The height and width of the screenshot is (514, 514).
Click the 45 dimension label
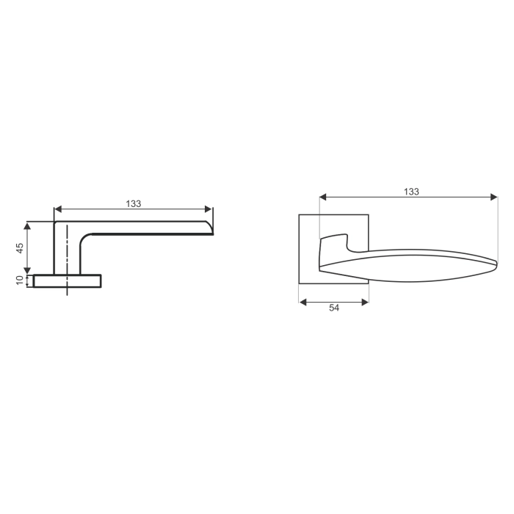point(21,247)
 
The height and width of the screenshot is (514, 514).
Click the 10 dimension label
point(21,280)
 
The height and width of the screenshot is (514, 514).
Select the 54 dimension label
point(334,309)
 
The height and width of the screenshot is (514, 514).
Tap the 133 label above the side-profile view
point(134,203)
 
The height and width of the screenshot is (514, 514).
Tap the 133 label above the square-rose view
point(411,191)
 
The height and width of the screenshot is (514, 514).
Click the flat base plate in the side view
point(66,280)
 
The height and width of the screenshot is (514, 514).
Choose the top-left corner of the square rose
point(300,215)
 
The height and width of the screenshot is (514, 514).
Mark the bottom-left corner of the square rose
point(300,283)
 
